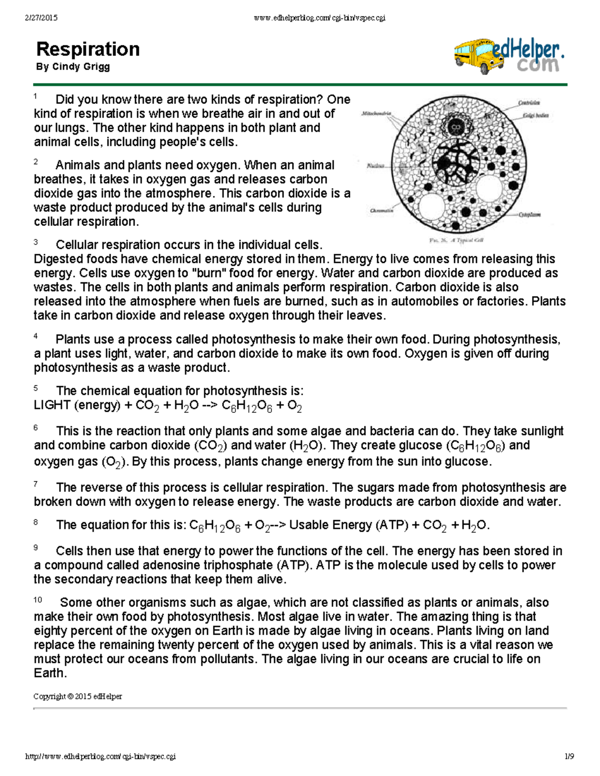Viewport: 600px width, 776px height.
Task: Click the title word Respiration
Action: pos(88,49)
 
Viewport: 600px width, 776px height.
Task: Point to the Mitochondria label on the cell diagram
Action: pos(376,114)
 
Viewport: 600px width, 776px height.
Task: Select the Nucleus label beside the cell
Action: pos(375,165)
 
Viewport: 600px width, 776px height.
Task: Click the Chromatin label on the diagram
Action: pos(381,210)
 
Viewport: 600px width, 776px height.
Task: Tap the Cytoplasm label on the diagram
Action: pos(529,214)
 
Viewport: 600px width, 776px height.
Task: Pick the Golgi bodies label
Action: pos(535,115)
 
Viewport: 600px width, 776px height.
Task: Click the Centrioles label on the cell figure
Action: pos(529,103)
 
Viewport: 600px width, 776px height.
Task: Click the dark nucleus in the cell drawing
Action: pos(455,160)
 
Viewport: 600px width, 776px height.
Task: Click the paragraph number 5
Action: pos(35,388)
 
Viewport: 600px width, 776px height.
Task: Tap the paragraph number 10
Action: pos(37,600)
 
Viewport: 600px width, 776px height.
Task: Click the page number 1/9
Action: pos(569,757)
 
